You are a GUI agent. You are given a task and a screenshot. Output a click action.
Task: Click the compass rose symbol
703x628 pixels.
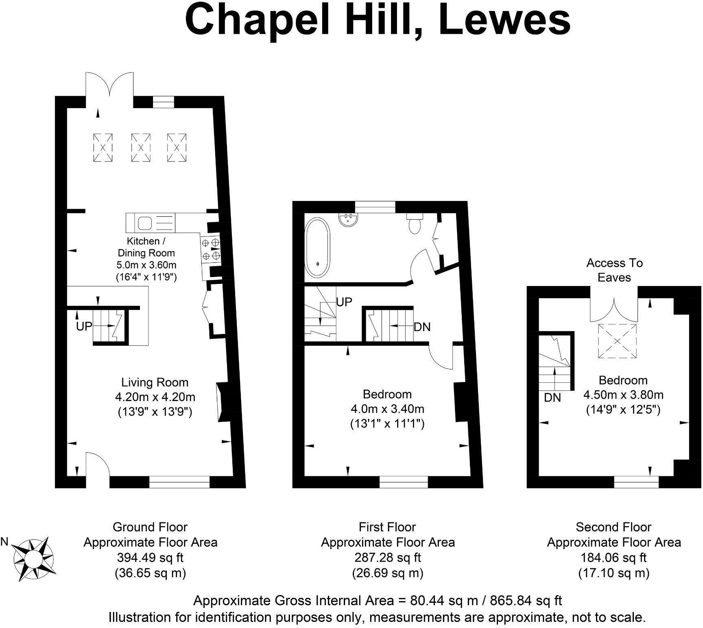pos(33,558)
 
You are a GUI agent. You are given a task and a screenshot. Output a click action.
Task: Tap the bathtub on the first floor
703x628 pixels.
pos(317,248)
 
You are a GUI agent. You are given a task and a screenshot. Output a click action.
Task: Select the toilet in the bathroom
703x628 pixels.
pos(415,225)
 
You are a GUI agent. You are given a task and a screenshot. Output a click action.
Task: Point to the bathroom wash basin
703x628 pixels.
pos(349,220)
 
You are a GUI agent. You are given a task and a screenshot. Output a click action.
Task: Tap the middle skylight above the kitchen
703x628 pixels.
pos(140,148)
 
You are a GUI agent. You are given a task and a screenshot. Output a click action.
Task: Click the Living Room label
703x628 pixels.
pos(155,382)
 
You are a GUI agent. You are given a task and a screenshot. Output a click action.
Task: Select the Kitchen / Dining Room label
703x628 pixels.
pos(146,247)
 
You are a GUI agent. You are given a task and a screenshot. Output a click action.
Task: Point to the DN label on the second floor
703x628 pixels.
pos(552,397)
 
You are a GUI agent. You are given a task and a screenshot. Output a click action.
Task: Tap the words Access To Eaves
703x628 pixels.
pos(614,270)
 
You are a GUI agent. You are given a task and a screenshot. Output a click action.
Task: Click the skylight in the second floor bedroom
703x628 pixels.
pos(617,341)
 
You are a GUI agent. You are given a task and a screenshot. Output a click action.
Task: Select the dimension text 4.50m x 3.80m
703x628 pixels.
pos(623,395)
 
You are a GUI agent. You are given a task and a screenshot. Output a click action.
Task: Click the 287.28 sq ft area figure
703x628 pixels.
pos(387,557)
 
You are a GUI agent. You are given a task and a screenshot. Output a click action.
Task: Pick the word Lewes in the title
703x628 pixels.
pos(504,20)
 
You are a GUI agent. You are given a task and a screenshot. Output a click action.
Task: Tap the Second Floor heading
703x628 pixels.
pos(613,527)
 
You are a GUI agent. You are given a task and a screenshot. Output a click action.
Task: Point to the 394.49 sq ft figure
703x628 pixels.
pos(150,557)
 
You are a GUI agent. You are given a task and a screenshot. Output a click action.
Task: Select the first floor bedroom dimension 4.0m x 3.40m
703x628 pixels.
pos(387,408)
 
